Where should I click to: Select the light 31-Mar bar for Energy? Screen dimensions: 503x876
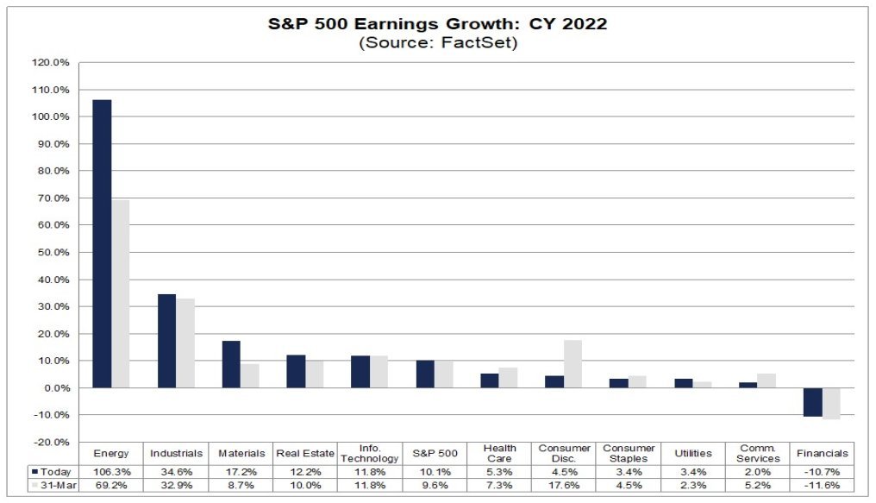point(121,293)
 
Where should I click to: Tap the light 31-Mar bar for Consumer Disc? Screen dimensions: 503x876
point(573,364)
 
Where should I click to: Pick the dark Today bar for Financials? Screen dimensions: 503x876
point(812,402)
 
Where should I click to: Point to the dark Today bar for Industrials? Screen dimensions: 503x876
point(166,341)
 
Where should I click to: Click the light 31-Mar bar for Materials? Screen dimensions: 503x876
point(250,375)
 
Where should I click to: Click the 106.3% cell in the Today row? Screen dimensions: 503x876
point(111,472)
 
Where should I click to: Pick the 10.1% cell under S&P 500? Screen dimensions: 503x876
point(435,472)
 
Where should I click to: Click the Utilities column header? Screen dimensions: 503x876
point(692,453)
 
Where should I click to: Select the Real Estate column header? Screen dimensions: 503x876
point(305,453)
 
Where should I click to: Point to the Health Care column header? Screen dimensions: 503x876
point(499,453)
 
